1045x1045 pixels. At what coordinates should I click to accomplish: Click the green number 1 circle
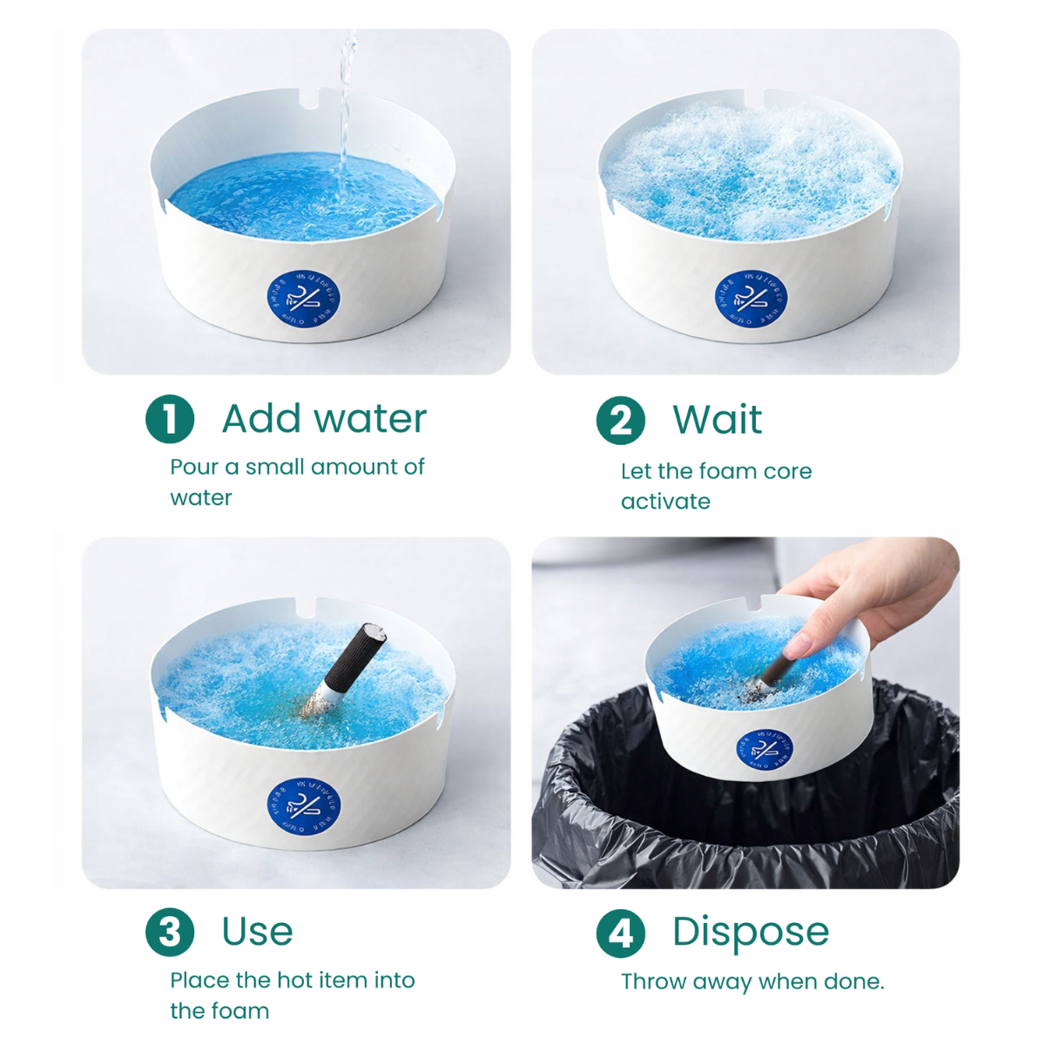click(170, 419)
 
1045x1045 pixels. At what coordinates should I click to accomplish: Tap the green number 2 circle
click(620, 420)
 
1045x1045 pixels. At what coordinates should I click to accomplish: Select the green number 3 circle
click(170, 932)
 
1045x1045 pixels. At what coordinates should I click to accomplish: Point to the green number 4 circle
click(620, 933)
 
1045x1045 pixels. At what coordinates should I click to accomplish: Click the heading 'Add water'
click(324, 419)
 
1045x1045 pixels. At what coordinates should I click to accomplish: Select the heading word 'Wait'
click(717, 420)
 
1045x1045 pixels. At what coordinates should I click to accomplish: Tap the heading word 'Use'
click(257, 932)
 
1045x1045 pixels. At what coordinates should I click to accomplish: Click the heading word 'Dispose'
click(750, 932)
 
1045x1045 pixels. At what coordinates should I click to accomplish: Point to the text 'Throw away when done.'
click(752, 981)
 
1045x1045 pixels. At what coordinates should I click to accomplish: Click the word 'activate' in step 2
click(665, 502)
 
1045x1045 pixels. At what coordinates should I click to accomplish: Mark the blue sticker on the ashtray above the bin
click(764, 749)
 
